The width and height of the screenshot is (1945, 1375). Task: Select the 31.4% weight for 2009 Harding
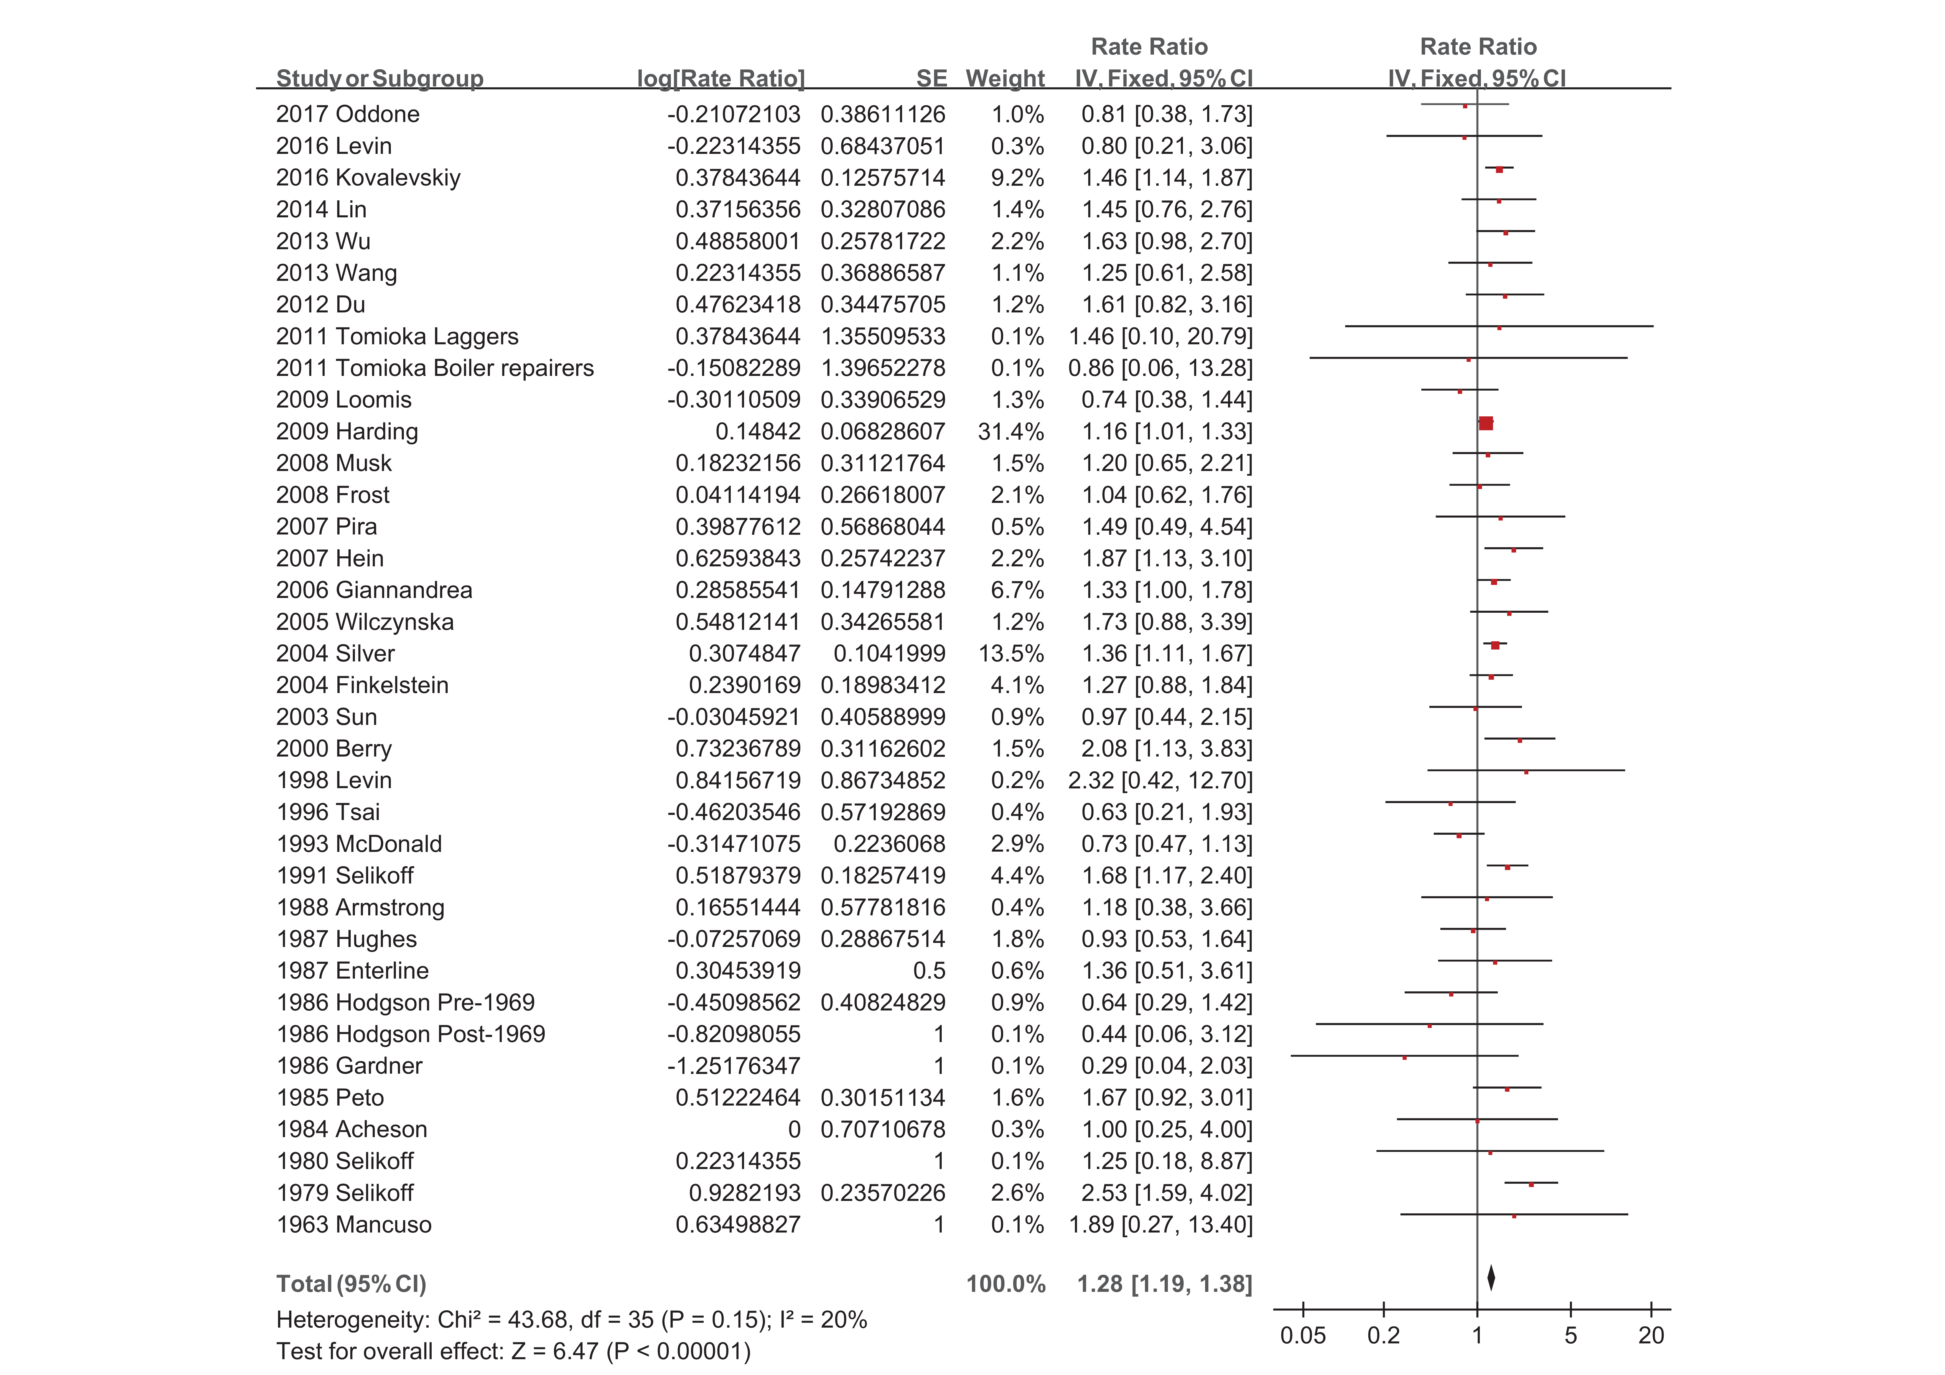click(x=1011, y=432)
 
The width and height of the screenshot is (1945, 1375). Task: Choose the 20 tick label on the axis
click(x=1651, y=1336)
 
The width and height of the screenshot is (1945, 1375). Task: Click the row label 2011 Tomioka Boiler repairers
click(x=435, y=368)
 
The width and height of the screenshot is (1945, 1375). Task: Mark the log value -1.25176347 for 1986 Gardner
click(x=734, y=1066)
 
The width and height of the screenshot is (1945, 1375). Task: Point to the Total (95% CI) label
click(x=351, y=1284)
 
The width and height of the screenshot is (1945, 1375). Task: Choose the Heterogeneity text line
click(x=571, y=1320)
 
